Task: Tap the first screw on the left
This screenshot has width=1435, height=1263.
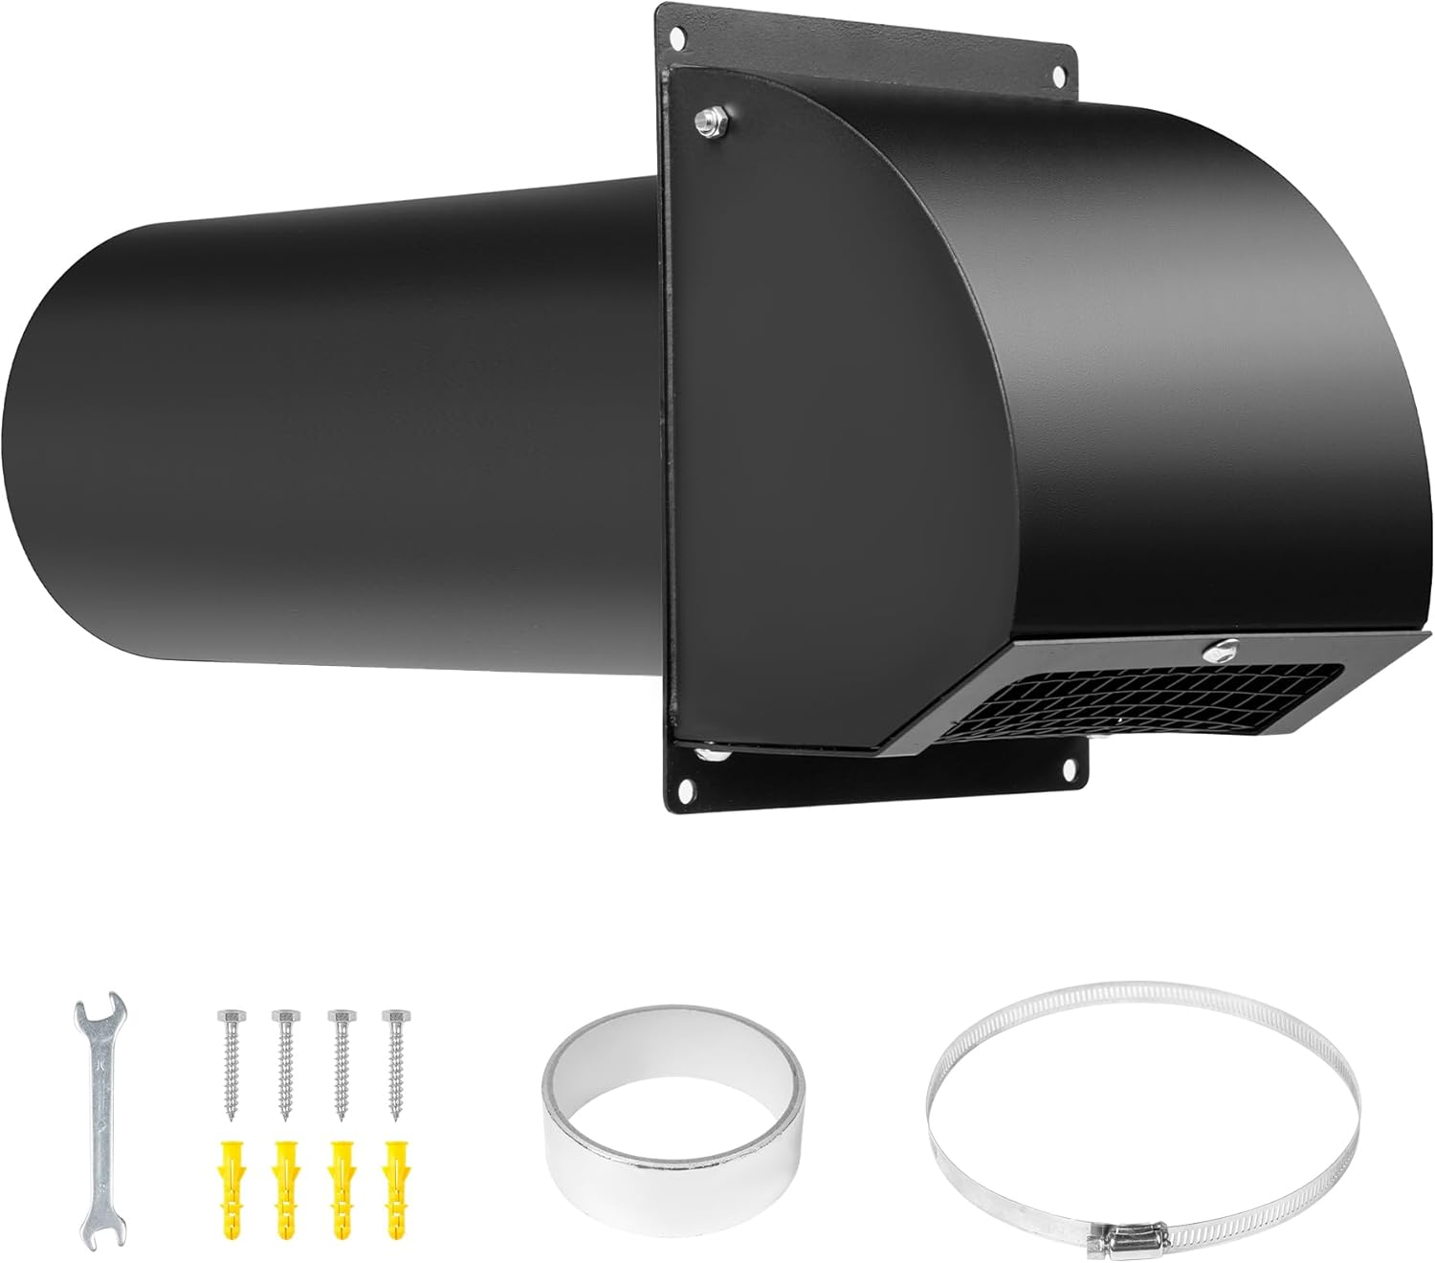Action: [230, 1062]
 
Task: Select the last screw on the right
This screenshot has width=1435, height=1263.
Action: [391, 1062]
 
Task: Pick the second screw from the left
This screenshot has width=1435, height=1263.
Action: [283, 1062]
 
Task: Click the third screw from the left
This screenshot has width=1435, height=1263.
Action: [338, 1062]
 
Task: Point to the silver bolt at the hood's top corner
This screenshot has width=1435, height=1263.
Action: [709, 121]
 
